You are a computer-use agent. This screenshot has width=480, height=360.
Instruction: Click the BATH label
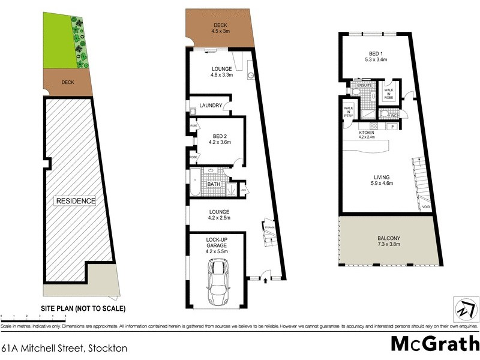pyautogui.click(x=214, y=184)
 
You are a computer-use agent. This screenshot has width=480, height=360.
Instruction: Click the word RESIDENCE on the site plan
pyautogui.click(x=76, y=200)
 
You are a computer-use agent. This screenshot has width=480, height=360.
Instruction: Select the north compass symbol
pyautogui.click(x=463, y=310)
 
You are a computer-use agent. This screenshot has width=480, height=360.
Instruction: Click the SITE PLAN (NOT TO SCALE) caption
pyautogui.click(x=83, y=308)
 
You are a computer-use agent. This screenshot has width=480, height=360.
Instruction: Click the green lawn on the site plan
pyautogui.click(x=58, y=42)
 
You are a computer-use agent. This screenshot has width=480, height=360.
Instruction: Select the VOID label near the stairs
pyautogui.click(x=425, y=206)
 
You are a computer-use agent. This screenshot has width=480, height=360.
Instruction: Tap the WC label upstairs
pyautogui.click(x=394, y=116)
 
